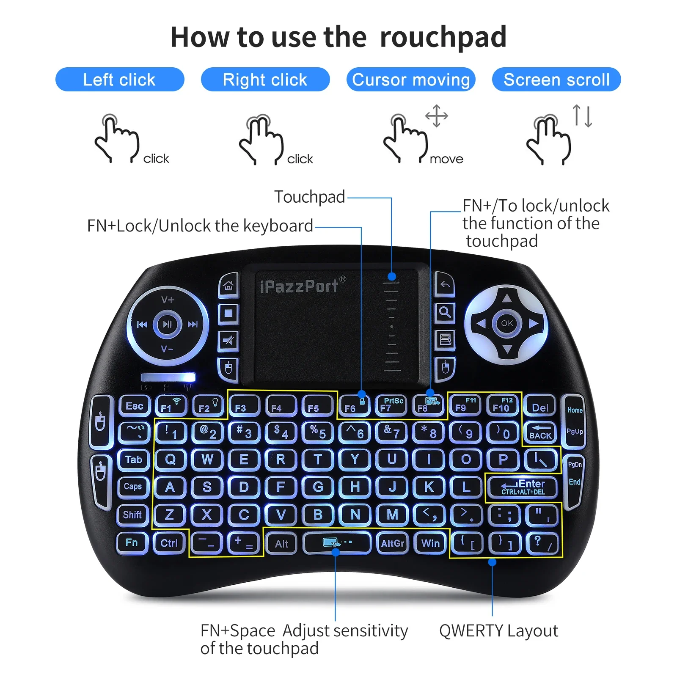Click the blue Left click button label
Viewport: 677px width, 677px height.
(x=120, y=80)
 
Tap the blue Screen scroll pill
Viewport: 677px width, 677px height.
(x=556, y=80)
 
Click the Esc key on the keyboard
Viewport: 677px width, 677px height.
(x=135, y=406)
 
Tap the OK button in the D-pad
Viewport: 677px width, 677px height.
(x=506, y=324)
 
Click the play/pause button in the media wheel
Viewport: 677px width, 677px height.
(x=168, y=325)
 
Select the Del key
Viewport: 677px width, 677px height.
(x=540, y=407)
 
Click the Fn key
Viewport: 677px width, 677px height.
(x=132, y=543)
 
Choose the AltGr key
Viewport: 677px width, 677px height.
(x=392, y=543)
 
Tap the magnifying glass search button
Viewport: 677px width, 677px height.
(x=444, y=313)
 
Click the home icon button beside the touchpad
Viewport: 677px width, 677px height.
(x=228, y=286)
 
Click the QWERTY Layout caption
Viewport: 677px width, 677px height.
(x=498, y=630)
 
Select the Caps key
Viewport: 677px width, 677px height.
(x=132, y=487)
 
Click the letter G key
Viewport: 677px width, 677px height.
(x=318, y=487)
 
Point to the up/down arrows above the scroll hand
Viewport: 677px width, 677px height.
(x=582, y=116)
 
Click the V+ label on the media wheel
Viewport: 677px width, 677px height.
(x=168, y=300)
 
